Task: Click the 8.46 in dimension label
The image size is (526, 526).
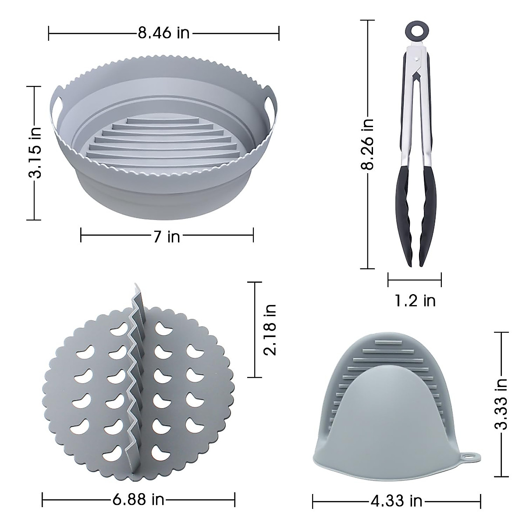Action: click(163, 33)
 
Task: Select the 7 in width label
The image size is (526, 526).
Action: click(167, 237)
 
